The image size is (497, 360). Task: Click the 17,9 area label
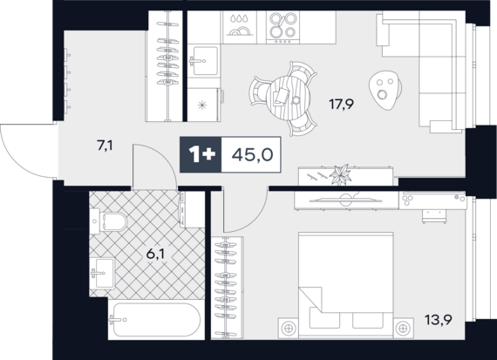pos(342,104)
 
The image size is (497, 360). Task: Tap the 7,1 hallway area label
pos(106,146)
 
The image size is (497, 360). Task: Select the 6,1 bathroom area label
pos(155,254)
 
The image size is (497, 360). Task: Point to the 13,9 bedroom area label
pos(439,320)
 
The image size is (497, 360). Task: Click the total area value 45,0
pos(252,155)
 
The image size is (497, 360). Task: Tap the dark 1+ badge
pos(201,154)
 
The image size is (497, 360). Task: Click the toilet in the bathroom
pos(109,221)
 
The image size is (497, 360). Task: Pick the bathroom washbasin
pos(102,273)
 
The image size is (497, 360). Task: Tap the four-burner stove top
pos(283,27)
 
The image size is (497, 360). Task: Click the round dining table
pos(289,98)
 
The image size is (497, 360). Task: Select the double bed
pos(346,285)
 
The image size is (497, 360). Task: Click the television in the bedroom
pos(346,200)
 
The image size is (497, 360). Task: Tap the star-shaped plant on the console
pos(340,174)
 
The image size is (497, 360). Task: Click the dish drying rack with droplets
pos(239,27)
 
